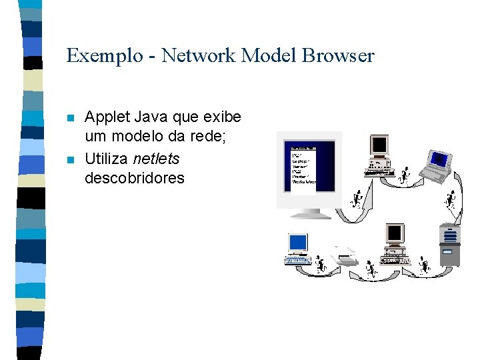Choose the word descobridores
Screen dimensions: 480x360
tap(134, 178)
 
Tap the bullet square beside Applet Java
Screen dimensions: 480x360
tap(71, 119)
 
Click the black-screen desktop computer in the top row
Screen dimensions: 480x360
tap(380, 155)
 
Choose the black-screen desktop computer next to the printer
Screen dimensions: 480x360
tap(394, 243)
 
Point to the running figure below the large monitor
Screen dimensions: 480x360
tap(357, 199)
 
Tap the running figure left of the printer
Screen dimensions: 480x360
tap(321, 264)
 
